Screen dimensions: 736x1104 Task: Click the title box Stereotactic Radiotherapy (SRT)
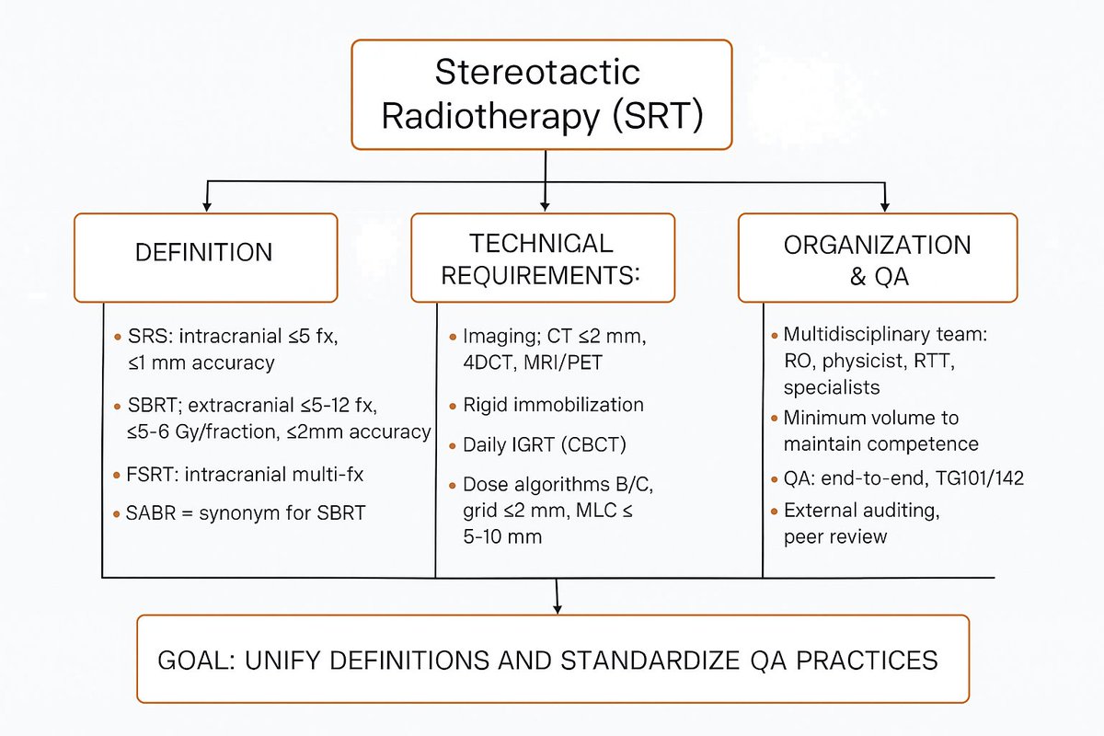541,94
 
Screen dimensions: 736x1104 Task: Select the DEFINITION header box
205,258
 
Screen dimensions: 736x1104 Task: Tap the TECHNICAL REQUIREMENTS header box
542,258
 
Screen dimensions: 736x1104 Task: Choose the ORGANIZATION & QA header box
878,258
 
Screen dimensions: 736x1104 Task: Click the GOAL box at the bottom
552,659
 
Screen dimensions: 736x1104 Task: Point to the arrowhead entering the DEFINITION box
208,206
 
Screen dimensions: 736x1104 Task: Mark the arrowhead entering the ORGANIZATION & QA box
885,206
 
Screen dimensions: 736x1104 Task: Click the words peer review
835,535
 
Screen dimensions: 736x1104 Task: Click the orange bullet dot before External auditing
774,511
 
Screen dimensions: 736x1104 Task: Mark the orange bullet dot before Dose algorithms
454,485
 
